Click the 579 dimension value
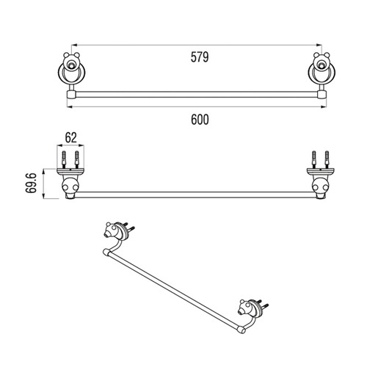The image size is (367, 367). [200, 57]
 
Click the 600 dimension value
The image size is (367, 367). [200, 120]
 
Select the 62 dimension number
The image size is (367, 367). [71, 138]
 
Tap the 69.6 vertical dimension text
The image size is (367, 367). [32, 183]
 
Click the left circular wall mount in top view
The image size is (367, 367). [71, 73]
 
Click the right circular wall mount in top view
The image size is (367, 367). [321, 73]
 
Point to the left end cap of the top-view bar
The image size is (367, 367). [70, 95]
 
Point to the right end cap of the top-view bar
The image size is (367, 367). [322, 95]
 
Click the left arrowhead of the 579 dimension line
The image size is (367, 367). [74, 45]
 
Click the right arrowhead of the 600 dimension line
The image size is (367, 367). [324, 106]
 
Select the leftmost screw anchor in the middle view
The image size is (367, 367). [64, 159]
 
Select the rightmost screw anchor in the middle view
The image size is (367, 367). [327, 159]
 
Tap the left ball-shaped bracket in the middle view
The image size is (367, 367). [70, 187]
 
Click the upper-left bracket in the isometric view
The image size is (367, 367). [117, 231]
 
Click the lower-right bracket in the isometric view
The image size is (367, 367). [251, 309]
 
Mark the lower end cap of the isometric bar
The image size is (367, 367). [241, 330]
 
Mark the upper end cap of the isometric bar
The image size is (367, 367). [106, 252]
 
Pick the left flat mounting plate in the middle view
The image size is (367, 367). [70, 172]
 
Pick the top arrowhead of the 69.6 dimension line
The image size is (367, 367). [43, 172]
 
